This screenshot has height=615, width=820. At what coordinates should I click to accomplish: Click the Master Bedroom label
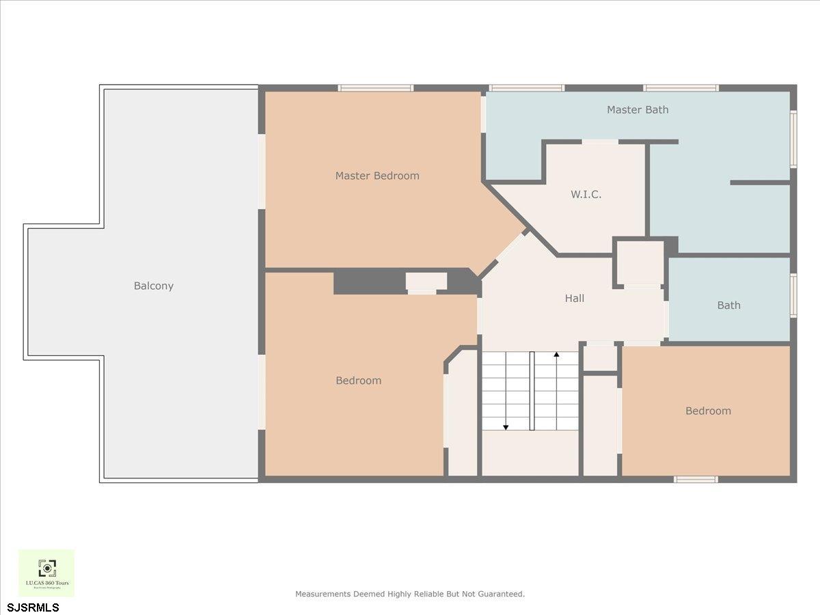(377, 176)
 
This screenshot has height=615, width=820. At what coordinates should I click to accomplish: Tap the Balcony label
(154, 286)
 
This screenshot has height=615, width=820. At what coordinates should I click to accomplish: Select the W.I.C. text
(586, 195)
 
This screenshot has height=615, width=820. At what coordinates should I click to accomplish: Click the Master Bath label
(638, 109)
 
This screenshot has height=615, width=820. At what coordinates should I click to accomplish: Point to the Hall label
(575, 299)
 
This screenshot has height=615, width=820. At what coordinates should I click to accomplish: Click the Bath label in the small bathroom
(728, 305)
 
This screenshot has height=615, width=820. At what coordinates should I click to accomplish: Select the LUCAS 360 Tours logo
(46, 573)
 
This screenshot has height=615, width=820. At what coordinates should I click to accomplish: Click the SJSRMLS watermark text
(33, 607)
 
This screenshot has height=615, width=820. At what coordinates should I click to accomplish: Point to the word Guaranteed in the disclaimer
(502, 594)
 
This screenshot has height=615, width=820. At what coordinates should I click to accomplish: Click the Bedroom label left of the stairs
(358, 381)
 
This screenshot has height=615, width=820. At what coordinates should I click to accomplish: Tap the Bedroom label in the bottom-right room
(708, 411)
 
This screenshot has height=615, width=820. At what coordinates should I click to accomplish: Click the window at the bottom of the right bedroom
(696, 479)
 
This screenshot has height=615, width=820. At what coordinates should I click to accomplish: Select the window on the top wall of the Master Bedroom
(376, 88)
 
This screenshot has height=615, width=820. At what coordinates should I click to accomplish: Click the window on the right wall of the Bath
(793, 295)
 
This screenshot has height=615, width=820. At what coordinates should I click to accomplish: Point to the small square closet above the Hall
(640, 263)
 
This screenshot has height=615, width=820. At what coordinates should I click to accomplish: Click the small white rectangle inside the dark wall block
(426, 281)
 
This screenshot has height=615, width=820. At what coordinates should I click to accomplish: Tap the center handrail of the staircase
(532, 391)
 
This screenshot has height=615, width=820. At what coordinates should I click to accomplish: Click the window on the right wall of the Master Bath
(793, 139)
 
